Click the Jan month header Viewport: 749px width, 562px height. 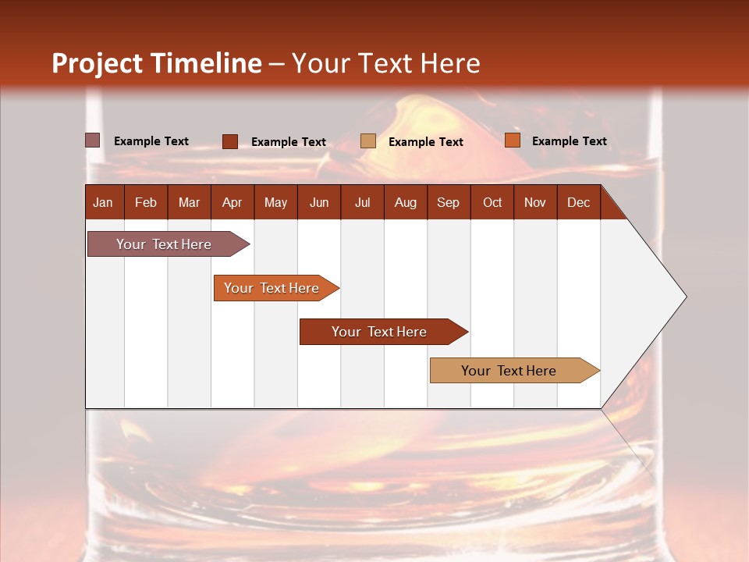[103, 202]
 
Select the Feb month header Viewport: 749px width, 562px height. [146, 202]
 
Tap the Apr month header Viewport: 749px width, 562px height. [232, 202]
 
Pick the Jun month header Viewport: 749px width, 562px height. [319, 202]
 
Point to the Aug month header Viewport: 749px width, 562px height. [405, 202]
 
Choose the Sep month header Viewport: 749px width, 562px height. [448, 202]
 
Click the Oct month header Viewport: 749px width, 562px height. [492, 202]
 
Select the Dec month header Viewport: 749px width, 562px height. [578, 202]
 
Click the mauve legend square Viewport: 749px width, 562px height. [93, 140]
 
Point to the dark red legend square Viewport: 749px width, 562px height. [230, 141]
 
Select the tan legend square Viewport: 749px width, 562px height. [368, 141]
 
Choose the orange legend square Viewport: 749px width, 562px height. [512, 140]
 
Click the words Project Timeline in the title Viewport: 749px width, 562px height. [157, 63]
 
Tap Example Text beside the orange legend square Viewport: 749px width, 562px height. [569, 140]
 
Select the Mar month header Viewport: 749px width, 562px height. [189, 202]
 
